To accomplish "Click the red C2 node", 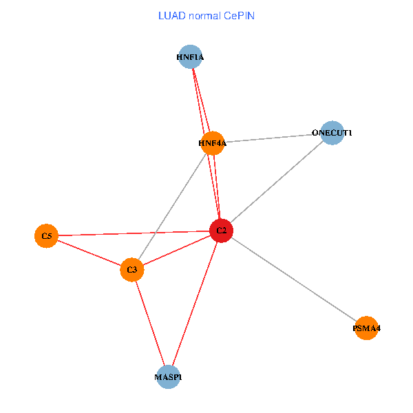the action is [x=222, y=231].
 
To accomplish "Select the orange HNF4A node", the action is [x=213, y=143].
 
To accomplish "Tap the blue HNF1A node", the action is [x=190, y=57].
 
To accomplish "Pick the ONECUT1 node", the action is [x=332, y=132].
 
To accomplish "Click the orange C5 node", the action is [x=46, y=236].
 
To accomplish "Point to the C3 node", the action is [x=132, y=269].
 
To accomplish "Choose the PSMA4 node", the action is [x=366, y=328].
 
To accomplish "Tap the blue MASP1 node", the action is [x=169, y=377].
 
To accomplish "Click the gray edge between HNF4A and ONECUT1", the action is [x=273, y=138].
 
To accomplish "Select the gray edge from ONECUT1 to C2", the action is [x=277, y=181].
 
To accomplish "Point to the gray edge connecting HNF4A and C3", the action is [x=172, y=206].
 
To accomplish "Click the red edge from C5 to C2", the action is [x=134, y=233].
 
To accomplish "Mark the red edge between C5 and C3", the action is [x=89, y=253].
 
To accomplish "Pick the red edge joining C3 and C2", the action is [x=177, y=250].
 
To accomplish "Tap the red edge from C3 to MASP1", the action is [x=150, y=323].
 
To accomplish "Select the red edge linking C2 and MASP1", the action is [x=195, y=304].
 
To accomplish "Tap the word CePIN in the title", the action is [x=240, y=15].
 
